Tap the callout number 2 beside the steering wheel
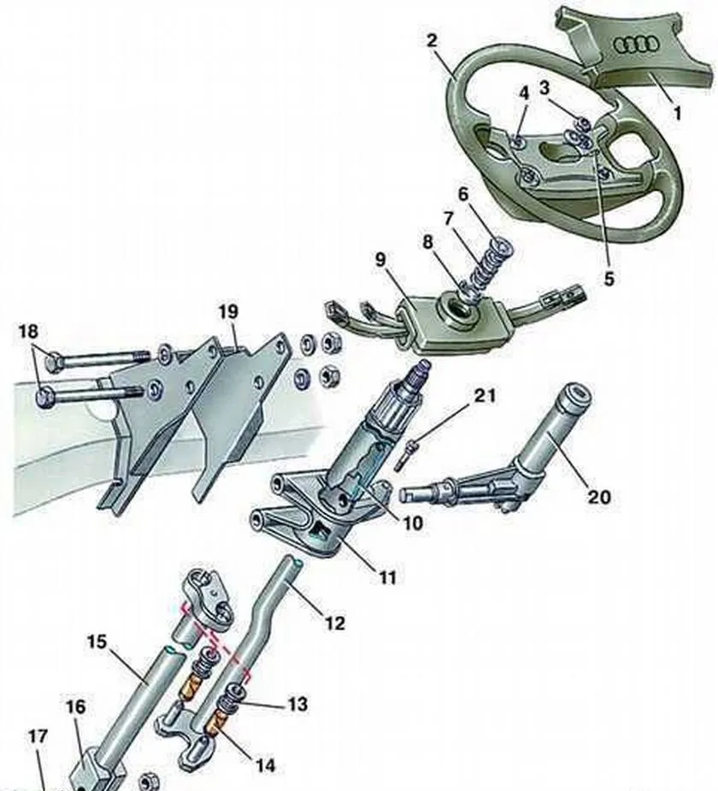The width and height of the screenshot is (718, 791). [x=432, y=40]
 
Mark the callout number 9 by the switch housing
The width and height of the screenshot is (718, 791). [x=381, y=259]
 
